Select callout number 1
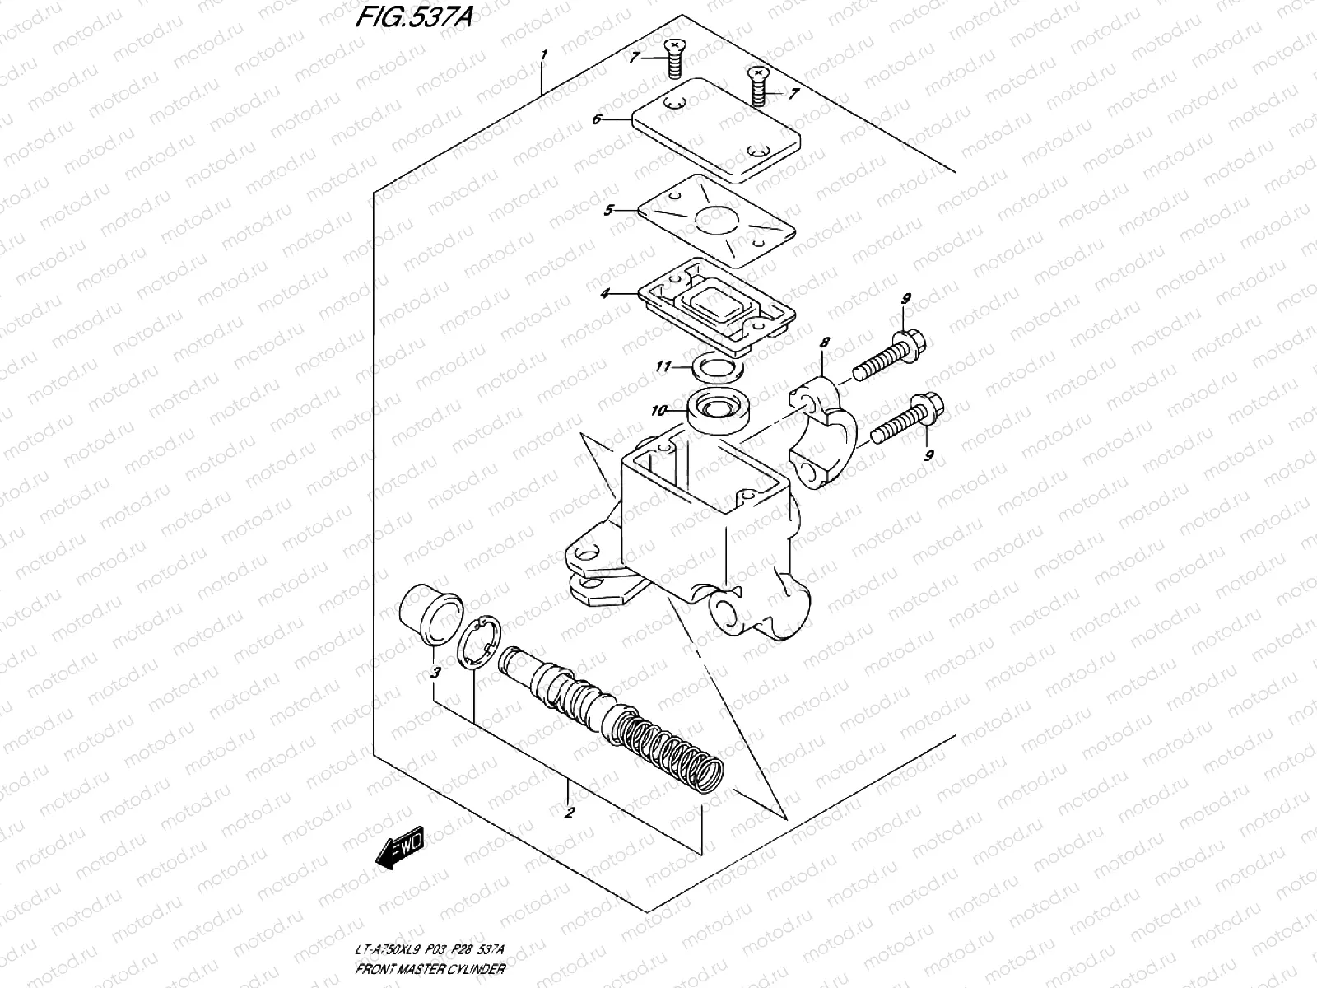pyautogui.click(x=543, y=55)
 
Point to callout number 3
pyautogui.click(x=435, y=673)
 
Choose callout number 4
pyautogui.click(x=604, y=292)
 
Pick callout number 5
pyautogui.click(x=608, y=210)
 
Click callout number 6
pyautogui.click(x=597, y=119)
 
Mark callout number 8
pyautogui.click(x=825, y=342)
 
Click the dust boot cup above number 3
pyautogui.click(x=429, y=615)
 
